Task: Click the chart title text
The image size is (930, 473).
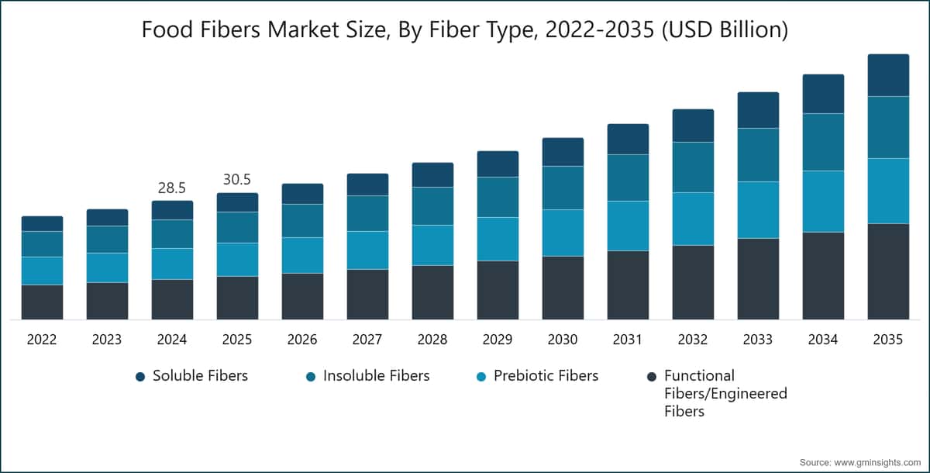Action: click(x=465, y=30)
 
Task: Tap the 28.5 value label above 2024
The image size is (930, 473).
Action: click(x=172, y=188)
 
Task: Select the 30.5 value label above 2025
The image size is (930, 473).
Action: click(x=237, y=179)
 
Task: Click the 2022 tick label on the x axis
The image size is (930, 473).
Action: click(x=42, y=340)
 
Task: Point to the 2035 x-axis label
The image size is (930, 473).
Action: click(x=888, y=340)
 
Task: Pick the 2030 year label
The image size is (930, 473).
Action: click(x=563, y=340)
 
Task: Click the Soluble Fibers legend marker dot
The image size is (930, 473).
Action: click(x=140, y=377)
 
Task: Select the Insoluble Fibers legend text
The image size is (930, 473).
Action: click(x=376, y=376)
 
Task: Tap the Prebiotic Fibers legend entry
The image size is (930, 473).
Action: click(x=546, y=376)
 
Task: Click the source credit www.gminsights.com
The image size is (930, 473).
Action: click(x=860, y=462)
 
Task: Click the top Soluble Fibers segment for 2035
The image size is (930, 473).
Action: click(x=888, y=75)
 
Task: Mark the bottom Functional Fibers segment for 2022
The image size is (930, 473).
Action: click(x=42, y=302)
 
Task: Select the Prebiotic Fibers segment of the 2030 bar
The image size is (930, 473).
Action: click(x=563, y=233)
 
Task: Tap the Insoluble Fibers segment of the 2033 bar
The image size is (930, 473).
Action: click(x=758, y=155)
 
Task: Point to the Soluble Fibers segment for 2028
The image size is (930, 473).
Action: click(x=432, y=174)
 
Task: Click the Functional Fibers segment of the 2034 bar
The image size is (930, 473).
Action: click(x=823, y=275)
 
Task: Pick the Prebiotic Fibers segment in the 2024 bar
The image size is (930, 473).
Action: click(x=172, y=264)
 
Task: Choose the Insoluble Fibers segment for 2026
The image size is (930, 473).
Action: click(x=302, y=221)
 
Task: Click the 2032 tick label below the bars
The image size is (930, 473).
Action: click(x=693, y=340)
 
